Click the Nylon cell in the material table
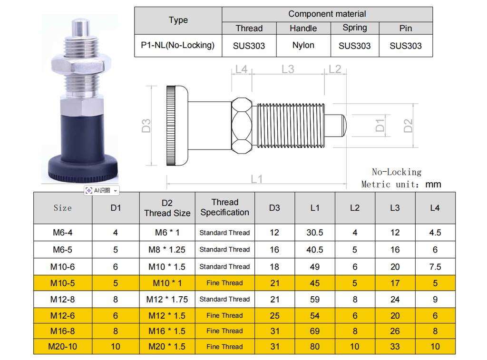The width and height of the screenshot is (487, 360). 303,45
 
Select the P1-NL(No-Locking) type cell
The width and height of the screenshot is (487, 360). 178,45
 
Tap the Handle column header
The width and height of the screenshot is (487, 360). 303,28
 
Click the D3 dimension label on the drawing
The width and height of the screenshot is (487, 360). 146,126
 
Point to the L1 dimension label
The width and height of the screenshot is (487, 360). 257,179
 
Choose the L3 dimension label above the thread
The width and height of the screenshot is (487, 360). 288,69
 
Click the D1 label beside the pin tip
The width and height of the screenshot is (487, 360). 380,126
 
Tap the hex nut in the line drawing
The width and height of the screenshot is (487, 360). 242,126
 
